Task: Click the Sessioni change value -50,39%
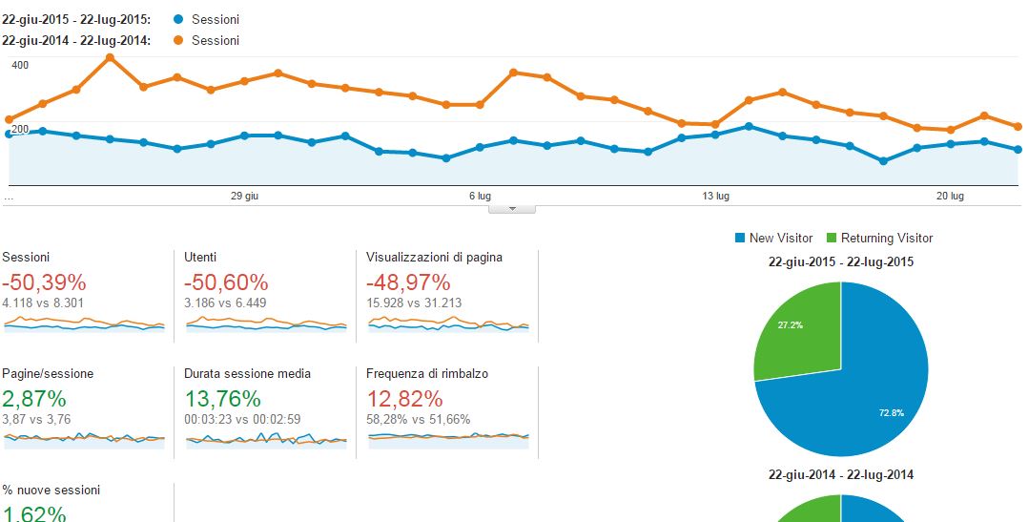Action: pyautogui.click(x=44, y=282)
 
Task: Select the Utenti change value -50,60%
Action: pyautogui.click(x=226, y=282)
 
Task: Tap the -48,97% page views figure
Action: pyautogui.click(x=408, y=282)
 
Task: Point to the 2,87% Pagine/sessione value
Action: pyautogui.click(x=34, y=398)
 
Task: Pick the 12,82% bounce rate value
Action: pyautogui.click(x=404, y=398)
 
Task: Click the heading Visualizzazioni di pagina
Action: pyautogui.click(x=434, y=258)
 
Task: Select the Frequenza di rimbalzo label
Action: pyautogui.click(x=426, y=374)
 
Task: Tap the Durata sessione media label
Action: pyautogui.click(x=247, y=374)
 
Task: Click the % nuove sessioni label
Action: pyautogui.click(x=51, y=491)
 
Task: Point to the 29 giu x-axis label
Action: pyautogui.click(x=245, y=196)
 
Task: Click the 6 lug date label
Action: pyautogui.click(x=480, y=196)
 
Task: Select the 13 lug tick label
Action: pyautogui.click(x=715, y=196)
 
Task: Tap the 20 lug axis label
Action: pyautogui.click(x=951, y=196)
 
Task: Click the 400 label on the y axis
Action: pyautogui.click(x=20, y=65)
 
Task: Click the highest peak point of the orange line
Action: pyautogui.click(x=110, y=57)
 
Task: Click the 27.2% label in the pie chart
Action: pyautogui.click(x=790, y=325)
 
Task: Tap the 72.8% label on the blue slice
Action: pyautogui.click(x=892, y=413)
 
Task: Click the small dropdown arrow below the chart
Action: pyautogui.click(x=512, y=208)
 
